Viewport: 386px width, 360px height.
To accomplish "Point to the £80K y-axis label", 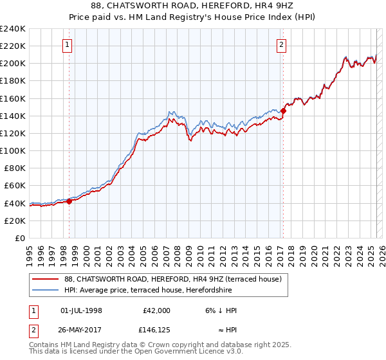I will coord(14,168).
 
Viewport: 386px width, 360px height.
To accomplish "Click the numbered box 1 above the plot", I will coord(68,44).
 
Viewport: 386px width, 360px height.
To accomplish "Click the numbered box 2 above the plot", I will coord(282,44).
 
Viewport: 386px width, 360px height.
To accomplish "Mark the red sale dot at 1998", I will coord(69,201).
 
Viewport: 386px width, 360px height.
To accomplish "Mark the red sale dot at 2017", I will coord(283,111).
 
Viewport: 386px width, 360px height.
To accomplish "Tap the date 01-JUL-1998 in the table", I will coord(81,310).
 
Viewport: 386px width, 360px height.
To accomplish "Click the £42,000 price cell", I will coord(156,310).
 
